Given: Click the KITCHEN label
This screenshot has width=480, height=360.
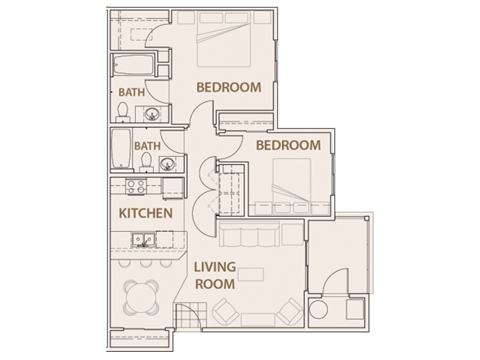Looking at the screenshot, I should [x=146, y=214].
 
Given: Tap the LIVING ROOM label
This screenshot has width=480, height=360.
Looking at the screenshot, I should [x=215, y=275].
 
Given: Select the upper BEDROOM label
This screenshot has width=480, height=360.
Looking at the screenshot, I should [x=228, y=88].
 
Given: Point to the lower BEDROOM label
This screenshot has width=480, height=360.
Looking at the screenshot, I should [x=288, y=146].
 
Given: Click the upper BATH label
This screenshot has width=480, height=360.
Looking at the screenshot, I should [x=131, y=93].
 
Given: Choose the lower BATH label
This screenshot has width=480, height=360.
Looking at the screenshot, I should [x=148, y=146].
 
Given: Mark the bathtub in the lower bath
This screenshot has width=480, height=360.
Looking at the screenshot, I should [x=121, y=151].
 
